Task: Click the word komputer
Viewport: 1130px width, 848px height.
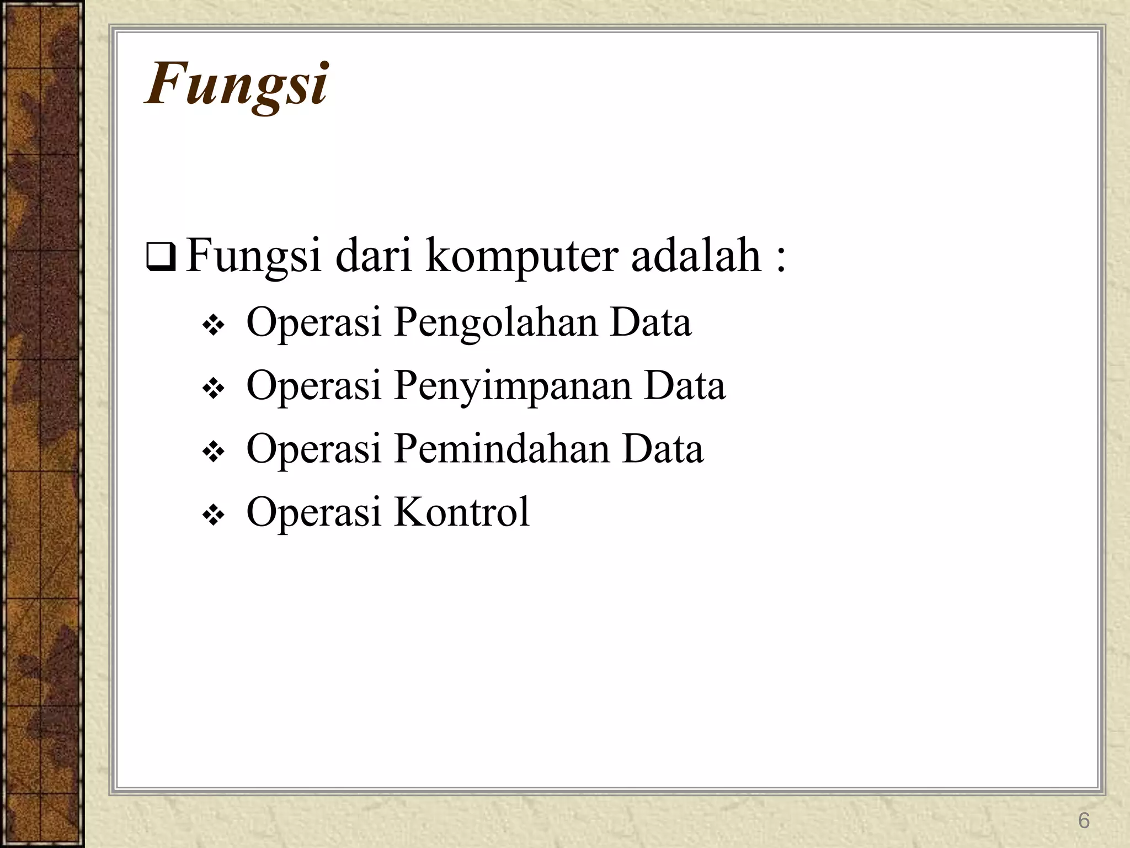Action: click(520, 257)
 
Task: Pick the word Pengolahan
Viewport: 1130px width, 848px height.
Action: click(494, 324)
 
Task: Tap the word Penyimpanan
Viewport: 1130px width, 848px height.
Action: click(512, 386)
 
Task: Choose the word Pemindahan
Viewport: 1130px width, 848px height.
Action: click(501, 449)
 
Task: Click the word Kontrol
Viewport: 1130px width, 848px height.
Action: click(461, 512)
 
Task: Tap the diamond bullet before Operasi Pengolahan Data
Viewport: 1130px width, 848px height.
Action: click(213, 327)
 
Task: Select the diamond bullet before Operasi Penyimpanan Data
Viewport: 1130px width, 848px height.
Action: click(213, 390)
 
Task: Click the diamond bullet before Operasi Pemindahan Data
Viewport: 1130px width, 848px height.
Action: click(213, 453)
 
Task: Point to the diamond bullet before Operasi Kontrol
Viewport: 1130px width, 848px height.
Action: click(213, 516)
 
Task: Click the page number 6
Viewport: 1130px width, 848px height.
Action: click(1084, 821)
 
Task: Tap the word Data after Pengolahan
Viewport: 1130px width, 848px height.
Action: click(650, 322)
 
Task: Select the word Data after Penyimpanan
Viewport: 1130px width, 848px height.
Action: click(684, 385)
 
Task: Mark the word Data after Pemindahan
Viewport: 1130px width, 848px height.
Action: click(663, 448)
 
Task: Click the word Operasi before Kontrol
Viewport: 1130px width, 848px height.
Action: click(314, 512)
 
